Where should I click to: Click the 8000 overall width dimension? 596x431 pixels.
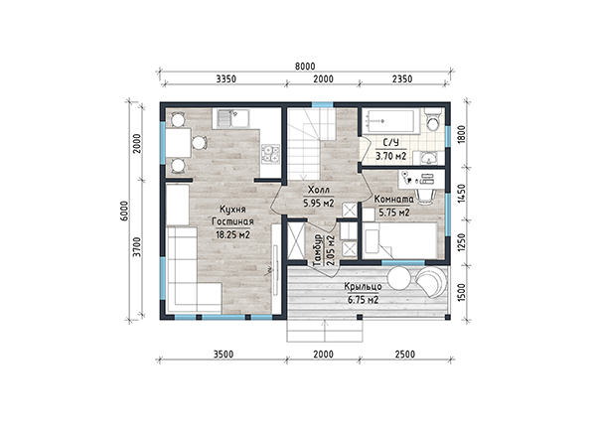coord(305,67)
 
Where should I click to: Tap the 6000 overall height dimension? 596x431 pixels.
coord(127,211)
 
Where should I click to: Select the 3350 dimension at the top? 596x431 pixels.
coord(226,78)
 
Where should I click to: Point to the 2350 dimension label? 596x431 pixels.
coord(402,78)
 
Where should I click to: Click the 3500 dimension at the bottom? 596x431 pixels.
coord(223,355)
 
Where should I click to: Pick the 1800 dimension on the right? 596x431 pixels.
coord(462,134)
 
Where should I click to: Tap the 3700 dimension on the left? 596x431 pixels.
coord(138,247)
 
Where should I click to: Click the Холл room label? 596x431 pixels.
coord(319,190)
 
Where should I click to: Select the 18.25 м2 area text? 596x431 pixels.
coord(233,234)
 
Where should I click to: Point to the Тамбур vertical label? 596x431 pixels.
coord(318,250)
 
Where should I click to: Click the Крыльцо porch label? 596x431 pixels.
coord(363,287)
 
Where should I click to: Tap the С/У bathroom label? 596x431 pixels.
coord(390,143)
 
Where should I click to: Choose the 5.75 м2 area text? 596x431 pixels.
coord(394,213)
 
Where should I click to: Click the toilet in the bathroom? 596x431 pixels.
coord(433,119)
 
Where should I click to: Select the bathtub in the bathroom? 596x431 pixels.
coord(390,121)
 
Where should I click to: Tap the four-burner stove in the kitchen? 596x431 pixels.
coord(270,154)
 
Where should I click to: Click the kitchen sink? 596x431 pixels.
coord(232,118)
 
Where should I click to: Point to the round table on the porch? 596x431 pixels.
coord(398,279)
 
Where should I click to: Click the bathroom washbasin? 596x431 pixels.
coord(430,158)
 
